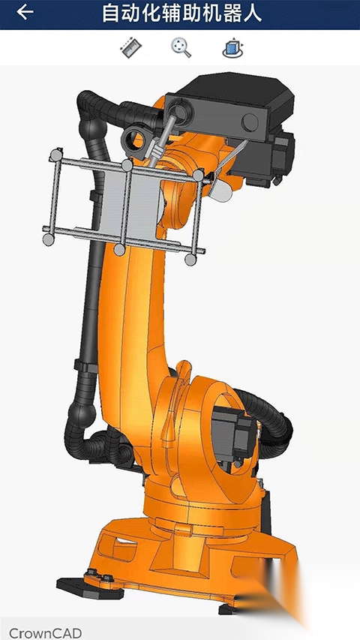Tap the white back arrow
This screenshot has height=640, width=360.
[x=25, y=12]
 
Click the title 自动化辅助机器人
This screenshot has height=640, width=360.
[x=181, y=13]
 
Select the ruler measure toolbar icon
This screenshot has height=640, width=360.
[x=131, y=48]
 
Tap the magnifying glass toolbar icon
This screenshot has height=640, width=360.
[x=181, y=48]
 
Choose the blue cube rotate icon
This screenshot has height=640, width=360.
[x=232, y=48]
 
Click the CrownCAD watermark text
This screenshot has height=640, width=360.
[x=45, y=632]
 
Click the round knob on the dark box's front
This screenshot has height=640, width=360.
[x=250, y=122]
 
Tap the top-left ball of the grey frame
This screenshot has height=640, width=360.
[x=55, y=155]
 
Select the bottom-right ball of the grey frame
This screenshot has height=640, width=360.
[x=190, y=259]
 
